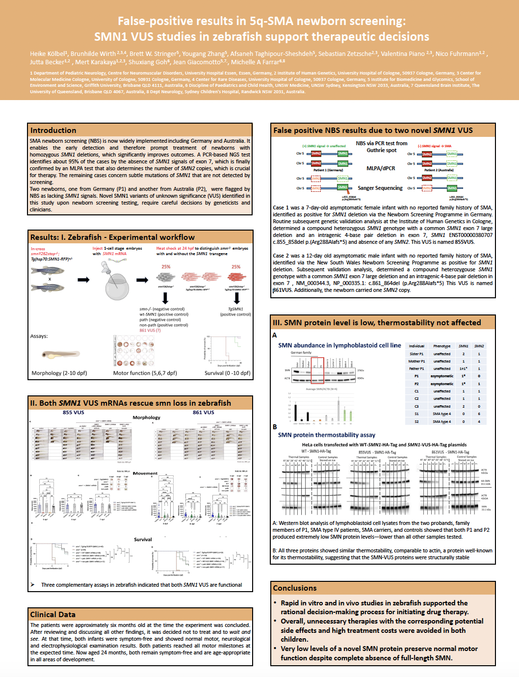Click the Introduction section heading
(53, 130)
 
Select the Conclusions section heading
(295, 588)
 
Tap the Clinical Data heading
(52, 615)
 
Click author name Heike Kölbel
(47, 54)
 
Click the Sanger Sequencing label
(380, 188)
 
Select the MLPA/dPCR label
(381, 168)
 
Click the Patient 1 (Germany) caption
(328, 170)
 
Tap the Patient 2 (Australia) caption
(439, 170)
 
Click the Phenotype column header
(441, 346)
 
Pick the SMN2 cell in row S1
(479, 414)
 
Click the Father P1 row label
(416, 368)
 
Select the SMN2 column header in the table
(479, 346)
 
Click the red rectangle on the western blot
(317, 370)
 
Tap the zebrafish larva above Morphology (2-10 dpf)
(60, 354)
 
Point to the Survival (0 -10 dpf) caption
(227, 373)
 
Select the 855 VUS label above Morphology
(74, 413)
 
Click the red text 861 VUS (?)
(150, 330)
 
